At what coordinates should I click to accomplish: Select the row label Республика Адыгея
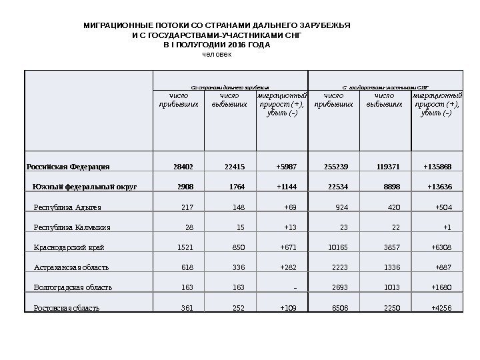(x=63, y=207)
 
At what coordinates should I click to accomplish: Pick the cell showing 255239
(x=334, y=166)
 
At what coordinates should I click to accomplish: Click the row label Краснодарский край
(x=69, y=247)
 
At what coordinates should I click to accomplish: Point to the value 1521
(x=185, y=247)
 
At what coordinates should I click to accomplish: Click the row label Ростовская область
(x=67, y=308)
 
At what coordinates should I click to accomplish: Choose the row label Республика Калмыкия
(x=72, y=227)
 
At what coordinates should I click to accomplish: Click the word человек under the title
(x=217, y=54)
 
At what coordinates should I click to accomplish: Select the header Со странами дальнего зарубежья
(x=230, y=87)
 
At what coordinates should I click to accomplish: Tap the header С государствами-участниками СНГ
(x=385, y=87)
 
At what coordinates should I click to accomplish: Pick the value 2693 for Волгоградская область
(x=339, y=288)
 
